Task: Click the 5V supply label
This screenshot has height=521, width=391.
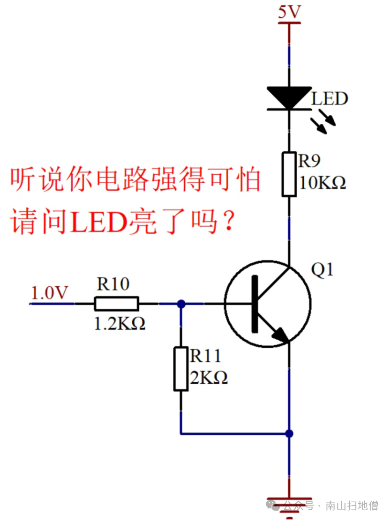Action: [289, 12]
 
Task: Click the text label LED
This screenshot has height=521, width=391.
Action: [330, 99]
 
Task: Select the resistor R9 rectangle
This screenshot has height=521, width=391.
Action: [289, 173]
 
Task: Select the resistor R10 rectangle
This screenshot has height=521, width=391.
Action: [116, 304]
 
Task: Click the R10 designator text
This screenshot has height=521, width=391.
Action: [113, 284]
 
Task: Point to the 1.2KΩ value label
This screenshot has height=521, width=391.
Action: [120, 323]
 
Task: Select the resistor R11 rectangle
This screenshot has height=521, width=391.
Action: [180, 369]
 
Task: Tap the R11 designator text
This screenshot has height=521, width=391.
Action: [205, 357]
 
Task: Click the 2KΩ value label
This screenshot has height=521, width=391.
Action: [209, 378]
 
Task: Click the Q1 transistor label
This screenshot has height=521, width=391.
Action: [323, 270]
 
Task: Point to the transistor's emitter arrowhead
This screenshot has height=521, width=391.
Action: [280, 335]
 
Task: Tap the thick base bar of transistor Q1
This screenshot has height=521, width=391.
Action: [255, 304]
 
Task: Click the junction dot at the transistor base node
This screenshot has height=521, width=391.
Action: [181, 304]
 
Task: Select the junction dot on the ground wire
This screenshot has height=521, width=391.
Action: [289, 433]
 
